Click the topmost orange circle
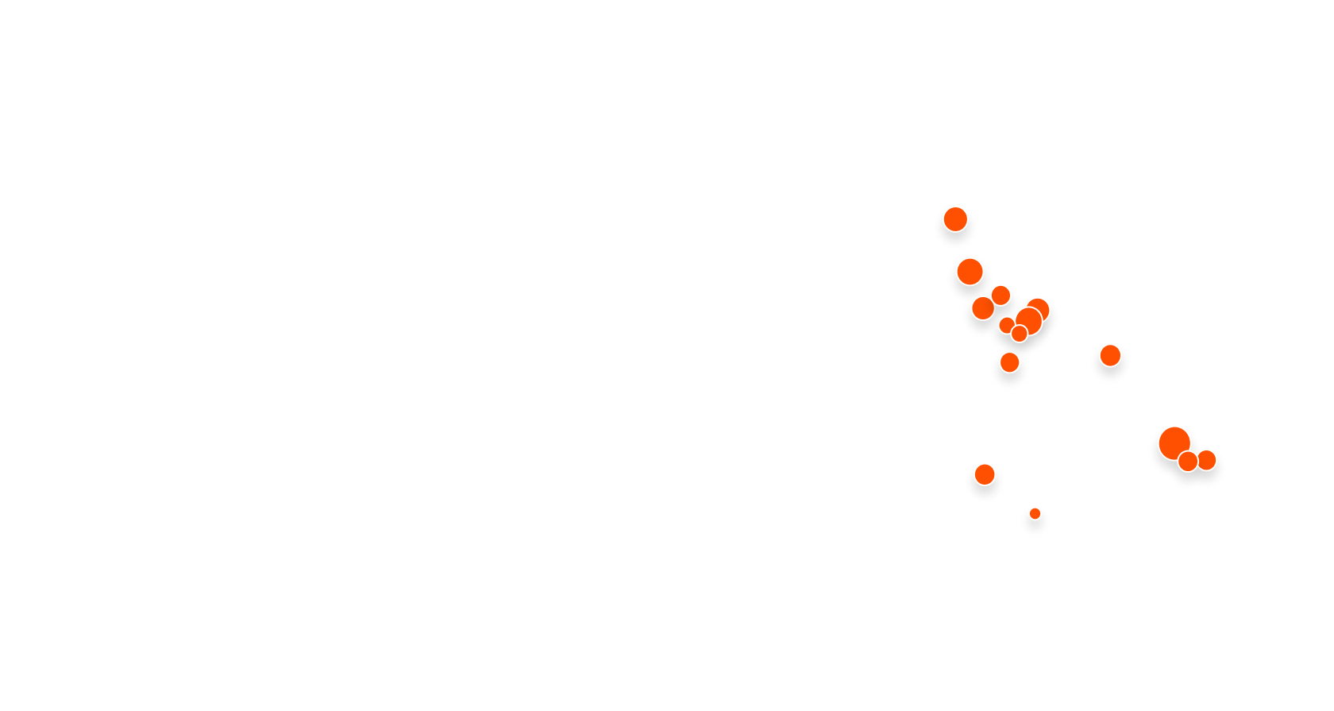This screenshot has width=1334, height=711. pyautogui.click(x=955, y=218)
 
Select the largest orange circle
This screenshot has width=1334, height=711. pyautogui.click(x=1174, y=442)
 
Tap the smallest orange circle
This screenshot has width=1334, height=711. pyautogui.click(x=1035, y=513)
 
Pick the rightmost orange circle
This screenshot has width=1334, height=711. pyautogui.click(x=1207, y=459)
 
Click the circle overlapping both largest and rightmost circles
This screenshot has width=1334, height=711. pyautogui.click(x=1188, y=461)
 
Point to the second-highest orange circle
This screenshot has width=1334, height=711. pyautogui.click(x=969, y=272)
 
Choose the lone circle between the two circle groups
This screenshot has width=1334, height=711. pyautogui.click(x=1110, y=355)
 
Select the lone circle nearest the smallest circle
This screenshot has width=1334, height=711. pyautogui.click(x=985, y=474)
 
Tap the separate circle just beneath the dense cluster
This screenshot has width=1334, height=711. pyautogui.click(x=1009, y=362)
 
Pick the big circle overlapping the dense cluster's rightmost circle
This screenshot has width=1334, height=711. pyautogui.click(x=1028, y=320)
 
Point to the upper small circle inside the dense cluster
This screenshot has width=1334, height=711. pyautogui.click(x=1006, y=324)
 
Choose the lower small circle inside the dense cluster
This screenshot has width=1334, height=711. pyautogui.click(x=1019, y=334)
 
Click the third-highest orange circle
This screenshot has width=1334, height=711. pyautogui.click(x=1000, y=295)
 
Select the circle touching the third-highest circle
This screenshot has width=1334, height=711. pyautogui.click(x=983, y=307)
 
